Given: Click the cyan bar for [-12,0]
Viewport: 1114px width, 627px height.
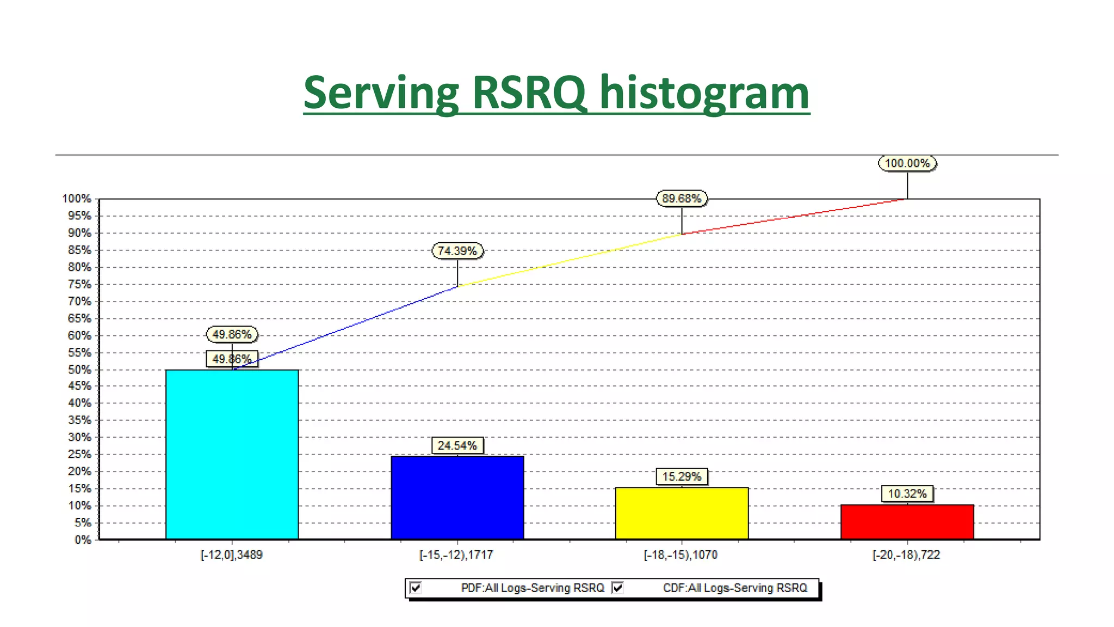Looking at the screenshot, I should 232,454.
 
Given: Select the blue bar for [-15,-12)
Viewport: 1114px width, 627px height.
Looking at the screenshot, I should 457,497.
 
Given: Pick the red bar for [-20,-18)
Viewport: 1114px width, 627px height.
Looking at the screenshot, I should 907,522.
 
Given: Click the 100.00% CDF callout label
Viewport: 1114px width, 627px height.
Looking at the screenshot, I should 907,163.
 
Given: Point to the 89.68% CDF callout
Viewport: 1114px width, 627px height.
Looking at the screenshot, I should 682,199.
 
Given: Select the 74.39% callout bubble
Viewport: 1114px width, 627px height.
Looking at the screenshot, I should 457,251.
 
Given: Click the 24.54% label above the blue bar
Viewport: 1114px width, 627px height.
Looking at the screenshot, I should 457,446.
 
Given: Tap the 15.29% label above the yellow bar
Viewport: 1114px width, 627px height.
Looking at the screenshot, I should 682,477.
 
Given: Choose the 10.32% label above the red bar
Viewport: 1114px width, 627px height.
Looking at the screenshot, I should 907,494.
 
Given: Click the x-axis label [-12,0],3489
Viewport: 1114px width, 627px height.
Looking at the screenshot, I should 232,555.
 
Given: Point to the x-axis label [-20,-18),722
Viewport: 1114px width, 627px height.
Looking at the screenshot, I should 906,555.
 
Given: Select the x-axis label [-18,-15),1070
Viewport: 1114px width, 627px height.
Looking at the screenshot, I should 680,555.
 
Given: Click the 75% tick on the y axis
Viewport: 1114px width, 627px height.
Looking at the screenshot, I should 79,285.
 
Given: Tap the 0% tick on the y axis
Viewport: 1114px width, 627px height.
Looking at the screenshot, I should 83,540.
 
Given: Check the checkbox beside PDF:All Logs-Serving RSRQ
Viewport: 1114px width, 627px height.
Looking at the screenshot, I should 416,588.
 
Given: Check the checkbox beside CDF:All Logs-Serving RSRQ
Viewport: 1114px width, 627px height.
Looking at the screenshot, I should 618,588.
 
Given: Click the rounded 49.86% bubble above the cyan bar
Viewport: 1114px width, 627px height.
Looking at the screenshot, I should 232,334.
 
